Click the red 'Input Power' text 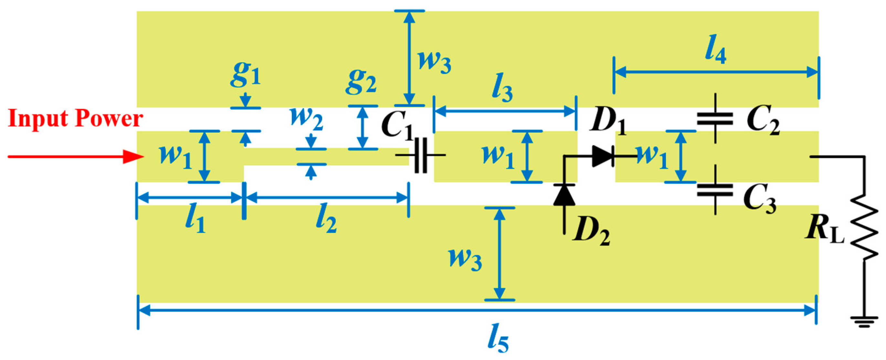pos(75,118)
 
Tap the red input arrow pos(76,157)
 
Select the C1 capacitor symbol pos(420,155)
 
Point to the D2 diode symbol pos(564,196)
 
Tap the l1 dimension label pos(195,219)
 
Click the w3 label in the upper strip pos(434,62)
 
